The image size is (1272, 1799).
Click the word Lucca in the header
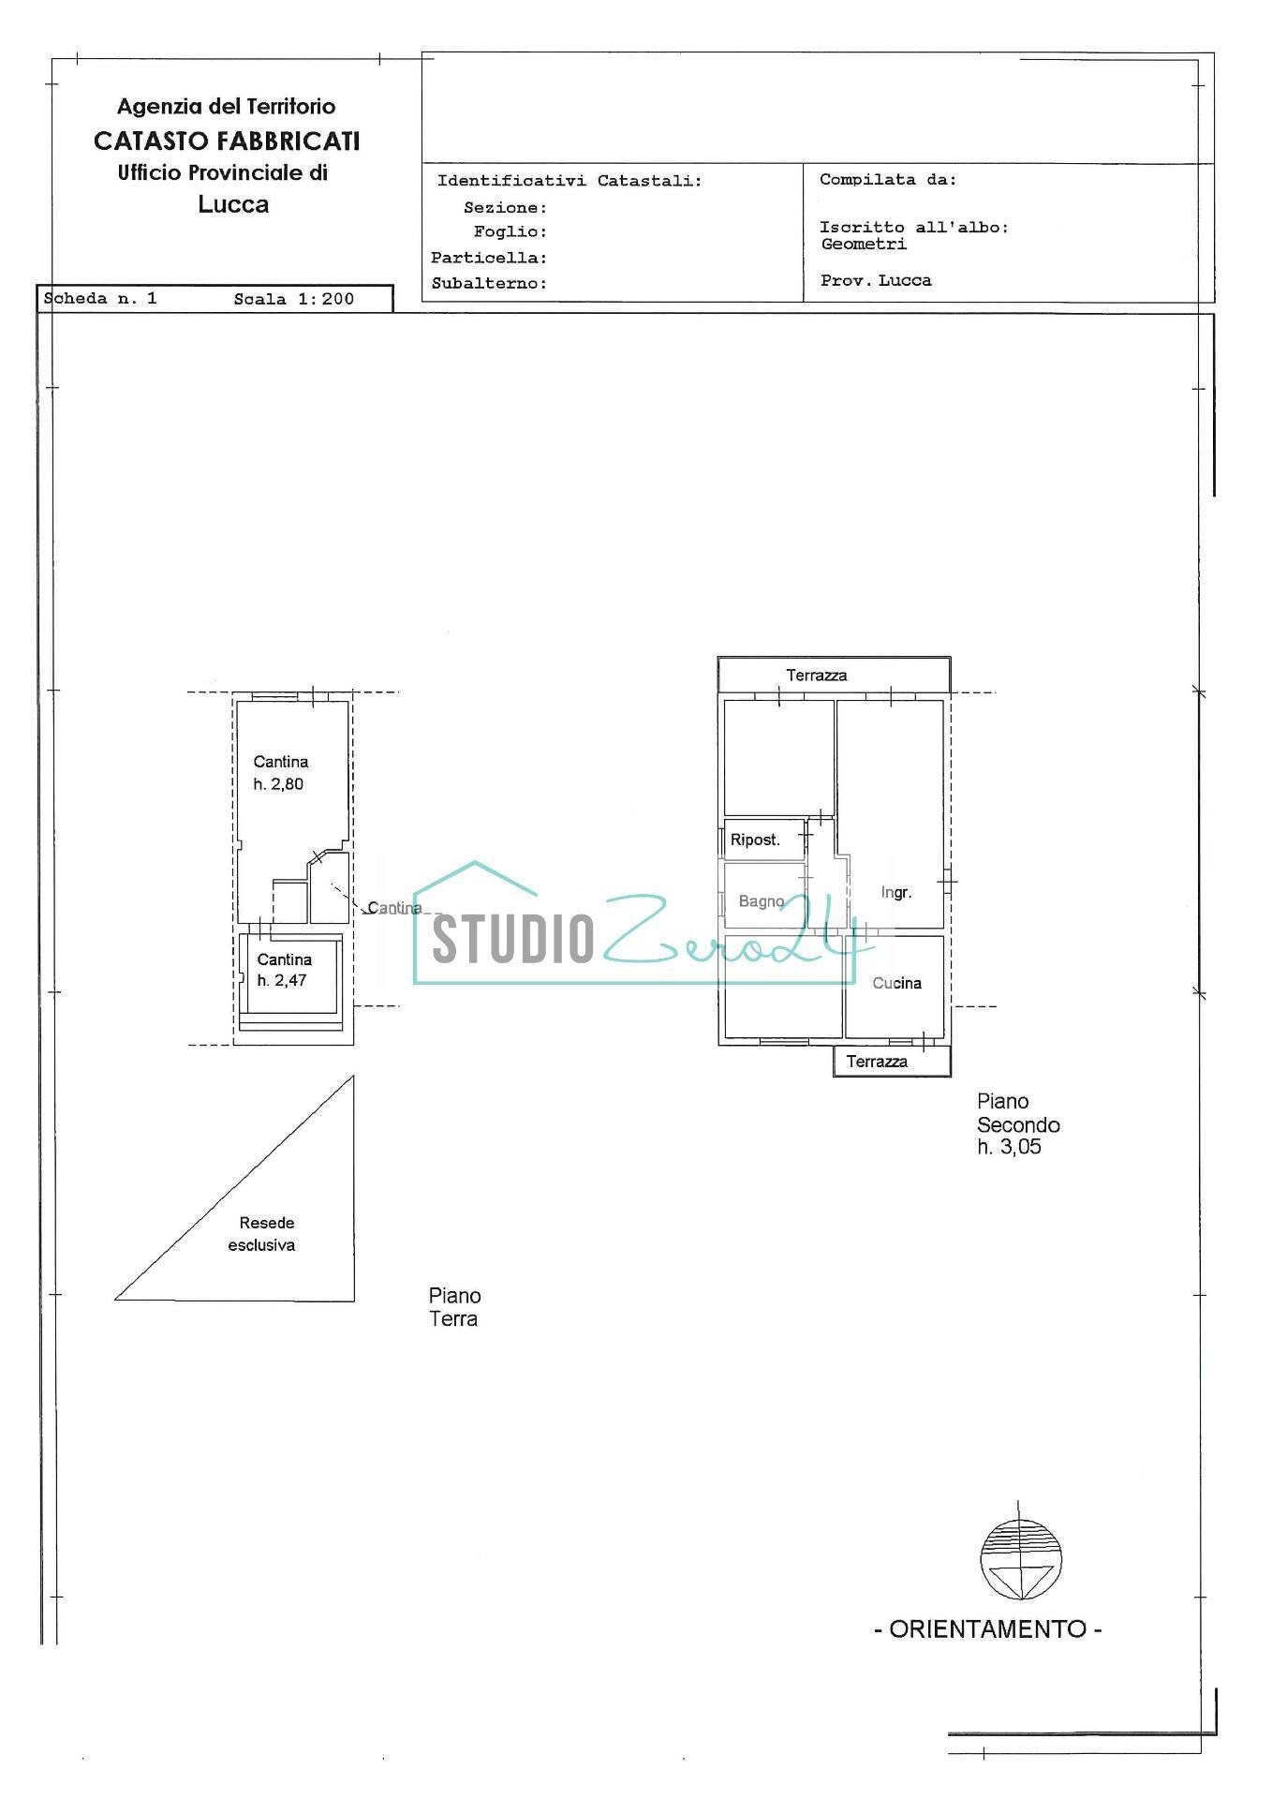(233, 204)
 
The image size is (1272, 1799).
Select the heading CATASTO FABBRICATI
(227, 141)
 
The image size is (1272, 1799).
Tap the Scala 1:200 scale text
(294, 299)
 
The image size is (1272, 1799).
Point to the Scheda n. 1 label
(100, 299)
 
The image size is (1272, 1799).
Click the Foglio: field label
(510, 231)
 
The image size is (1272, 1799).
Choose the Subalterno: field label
(489, 283)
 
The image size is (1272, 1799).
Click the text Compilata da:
(888, 180)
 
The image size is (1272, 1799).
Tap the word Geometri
(864, 245)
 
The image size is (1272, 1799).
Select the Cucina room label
(896, 983)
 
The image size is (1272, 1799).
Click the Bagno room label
(761, 901)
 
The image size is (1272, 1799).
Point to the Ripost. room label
(755, 840)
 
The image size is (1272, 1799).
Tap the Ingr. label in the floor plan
(896, 892)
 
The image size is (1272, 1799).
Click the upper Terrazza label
(817, 675)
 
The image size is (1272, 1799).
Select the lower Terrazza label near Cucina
(877, 1062)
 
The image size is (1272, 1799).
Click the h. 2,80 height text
(278, 784)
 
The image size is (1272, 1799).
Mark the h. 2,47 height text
(282, 980)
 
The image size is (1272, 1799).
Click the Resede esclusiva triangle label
(262, 1234)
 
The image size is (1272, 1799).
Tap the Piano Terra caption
(455, 1307)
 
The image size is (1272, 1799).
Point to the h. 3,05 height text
(1009, 1147)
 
